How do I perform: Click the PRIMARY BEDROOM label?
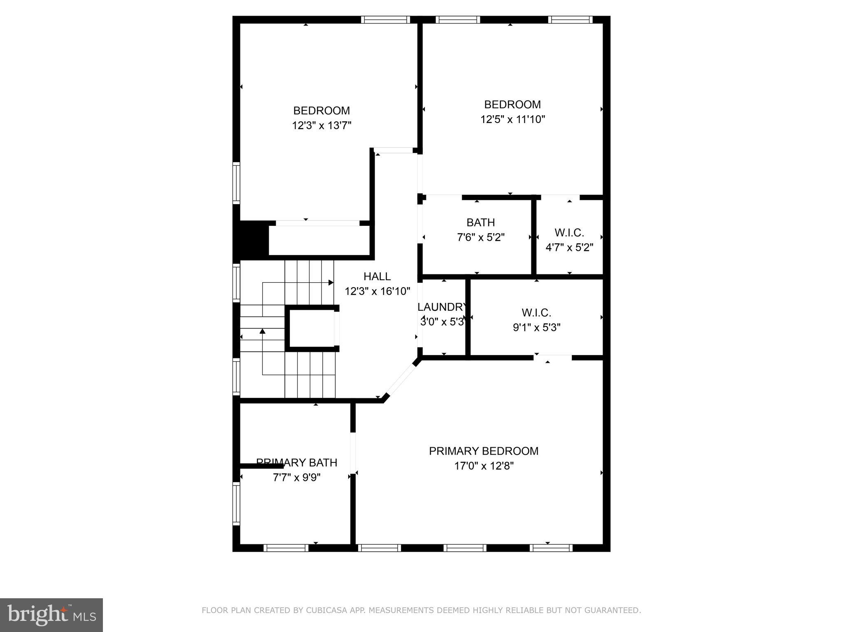pos(483,451)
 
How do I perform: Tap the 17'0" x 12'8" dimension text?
pos(484,466)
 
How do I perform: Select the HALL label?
pos(377,276)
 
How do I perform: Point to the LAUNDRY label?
pos(442,307)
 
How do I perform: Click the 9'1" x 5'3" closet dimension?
pos(536,328)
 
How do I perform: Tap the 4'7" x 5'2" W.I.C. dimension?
pos(569,248)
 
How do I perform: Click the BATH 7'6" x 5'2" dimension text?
pos(481,237)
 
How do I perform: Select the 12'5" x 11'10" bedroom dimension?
pos(512,119)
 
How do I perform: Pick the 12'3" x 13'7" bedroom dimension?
pos(321,125)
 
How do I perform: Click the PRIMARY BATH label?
pos(297,462)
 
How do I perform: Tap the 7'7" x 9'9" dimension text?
pos(297,477)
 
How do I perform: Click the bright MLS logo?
pos(51,615)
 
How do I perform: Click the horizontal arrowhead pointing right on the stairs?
pos(331,283)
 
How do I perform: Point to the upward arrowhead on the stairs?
pos(262,331)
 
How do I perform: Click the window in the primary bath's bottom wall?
pos(286,548)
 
